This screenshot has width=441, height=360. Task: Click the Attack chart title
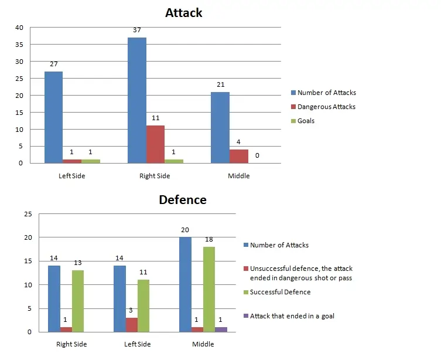pos(183,13)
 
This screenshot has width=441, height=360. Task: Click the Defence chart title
pos(183,200)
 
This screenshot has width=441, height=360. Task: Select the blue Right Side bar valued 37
pos(137,100)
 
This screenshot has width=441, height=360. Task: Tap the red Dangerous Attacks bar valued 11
pos(155,144)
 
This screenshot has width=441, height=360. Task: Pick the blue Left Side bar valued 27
pos(54,117)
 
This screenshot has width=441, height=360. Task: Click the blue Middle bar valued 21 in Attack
pos(220,127)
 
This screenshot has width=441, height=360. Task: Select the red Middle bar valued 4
pos(238,156)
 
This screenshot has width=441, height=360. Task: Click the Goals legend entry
pos(306,121)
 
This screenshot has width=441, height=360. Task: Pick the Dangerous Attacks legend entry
pos(326,107)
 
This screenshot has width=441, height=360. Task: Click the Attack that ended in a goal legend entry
pos(292,316)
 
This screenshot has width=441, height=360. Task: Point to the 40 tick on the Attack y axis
pos(19,28)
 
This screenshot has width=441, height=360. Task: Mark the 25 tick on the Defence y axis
pos(27,214)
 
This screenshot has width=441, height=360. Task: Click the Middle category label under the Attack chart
pos(239,176)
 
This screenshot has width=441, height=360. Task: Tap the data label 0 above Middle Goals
pos(257,156)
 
